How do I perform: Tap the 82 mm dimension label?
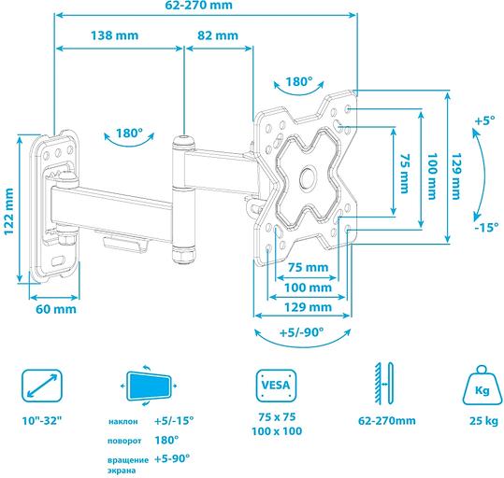click(x=217, y=35)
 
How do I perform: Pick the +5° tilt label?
click(x=483, y=121)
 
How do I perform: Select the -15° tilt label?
click(x=483, y=227)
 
